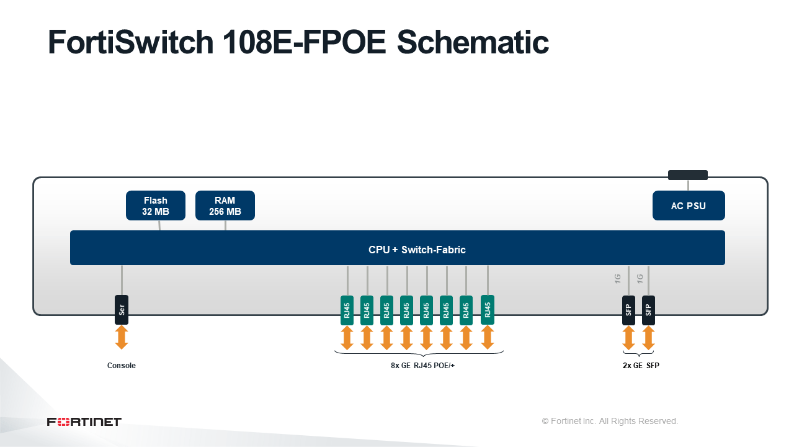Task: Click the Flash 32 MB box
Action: click(x=156, y=205)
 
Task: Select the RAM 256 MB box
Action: click(x=225, y=205)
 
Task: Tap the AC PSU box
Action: click(x=689, y=205)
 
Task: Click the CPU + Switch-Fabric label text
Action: click(x=417, y=250)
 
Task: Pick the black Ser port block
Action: click(x=122, y=310)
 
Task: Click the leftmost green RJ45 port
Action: click(x=347, y=310)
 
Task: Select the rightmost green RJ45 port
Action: click(x=488, y=309)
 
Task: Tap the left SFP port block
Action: click(x=628, y=310)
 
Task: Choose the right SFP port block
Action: click(x=648, y=310)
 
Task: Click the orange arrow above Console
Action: click(x=122, y=337)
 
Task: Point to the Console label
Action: click(x=121, y=366)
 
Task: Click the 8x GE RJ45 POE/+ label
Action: click(x=422, y=366)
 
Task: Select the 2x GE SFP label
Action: click(x=641, y=366)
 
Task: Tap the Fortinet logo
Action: click(x=84, y=422)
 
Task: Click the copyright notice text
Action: click(x=610, y=421)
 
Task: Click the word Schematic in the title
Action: click(x=473, y=42)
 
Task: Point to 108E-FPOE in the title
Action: click(x=304, y=42)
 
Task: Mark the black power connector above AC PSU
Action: click(x=688, y=175)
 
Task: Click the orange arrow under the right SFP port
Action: click(x=648, y=338)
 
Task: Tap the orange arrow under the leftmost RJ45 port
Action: click(x=347, y=338)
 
